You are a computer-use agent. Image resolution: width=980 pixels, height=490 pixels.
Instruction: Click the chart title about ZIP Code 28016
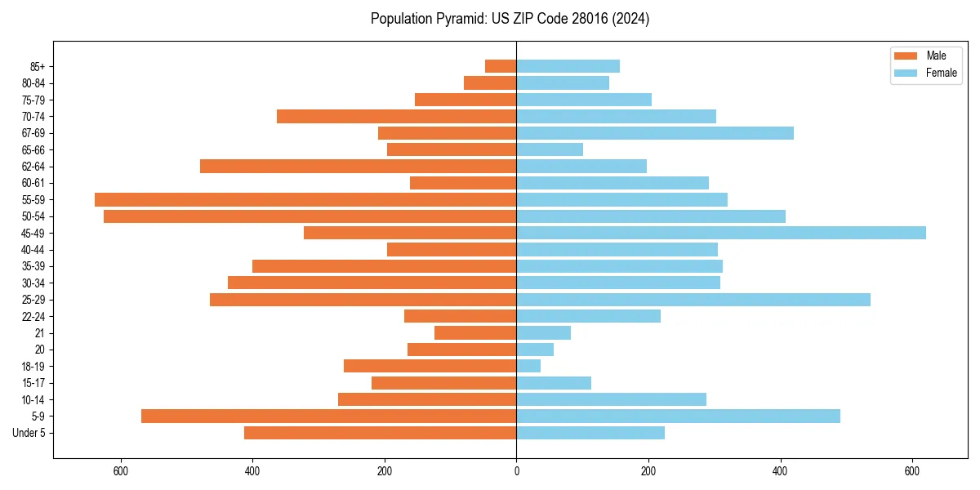510,19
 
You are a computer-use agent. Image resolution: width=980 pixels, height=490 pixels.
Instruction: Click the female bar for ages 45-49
720,233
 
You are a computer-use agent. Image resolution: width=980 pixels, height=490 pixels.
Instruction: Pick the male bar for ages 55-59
305,199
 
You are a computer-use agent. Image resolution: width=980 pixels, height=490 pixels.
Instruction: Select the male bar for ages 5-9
328,416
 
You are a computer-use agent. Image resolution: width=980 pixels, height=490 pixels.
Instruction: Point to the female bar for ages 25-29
693,300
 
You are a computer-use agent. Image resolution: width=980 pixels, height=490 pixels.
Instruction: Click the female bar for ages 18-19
528,366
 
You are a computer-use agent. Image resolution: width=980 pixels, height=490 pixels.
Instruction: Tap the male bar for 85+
501,66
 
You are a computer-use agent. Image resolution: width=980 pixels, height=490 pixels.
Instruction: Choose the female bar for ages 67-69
654,133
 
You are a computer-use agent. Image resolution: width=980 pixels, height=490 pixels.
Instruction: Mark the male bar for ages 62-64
358,167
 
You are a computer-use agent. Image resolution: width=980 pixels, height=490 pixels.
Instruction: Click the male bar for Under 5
380,433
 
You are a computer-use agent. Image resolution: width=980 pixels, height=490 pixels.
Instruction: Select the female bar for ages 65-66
550,149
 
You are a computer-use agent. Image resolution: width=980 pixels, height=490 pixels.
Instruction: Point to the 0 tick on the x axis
516,471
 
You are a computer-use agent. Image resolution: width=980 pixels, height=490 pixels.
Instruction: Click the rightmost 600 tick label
912,471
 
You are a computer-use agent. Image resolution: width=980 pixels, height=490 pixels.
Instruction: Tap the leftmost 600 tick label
121,471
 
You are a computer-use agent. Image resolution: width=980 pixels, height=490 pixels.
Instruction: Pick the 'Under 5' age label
29,433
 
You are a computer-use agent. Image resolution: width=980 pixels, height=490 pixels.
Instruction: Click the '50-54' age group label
33,216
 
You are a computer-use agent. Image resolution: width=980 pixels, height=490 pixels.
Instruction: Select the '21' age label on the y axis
40,333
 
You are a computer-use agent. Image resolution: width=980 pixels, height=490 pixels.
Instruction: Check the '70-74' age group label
33,117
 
